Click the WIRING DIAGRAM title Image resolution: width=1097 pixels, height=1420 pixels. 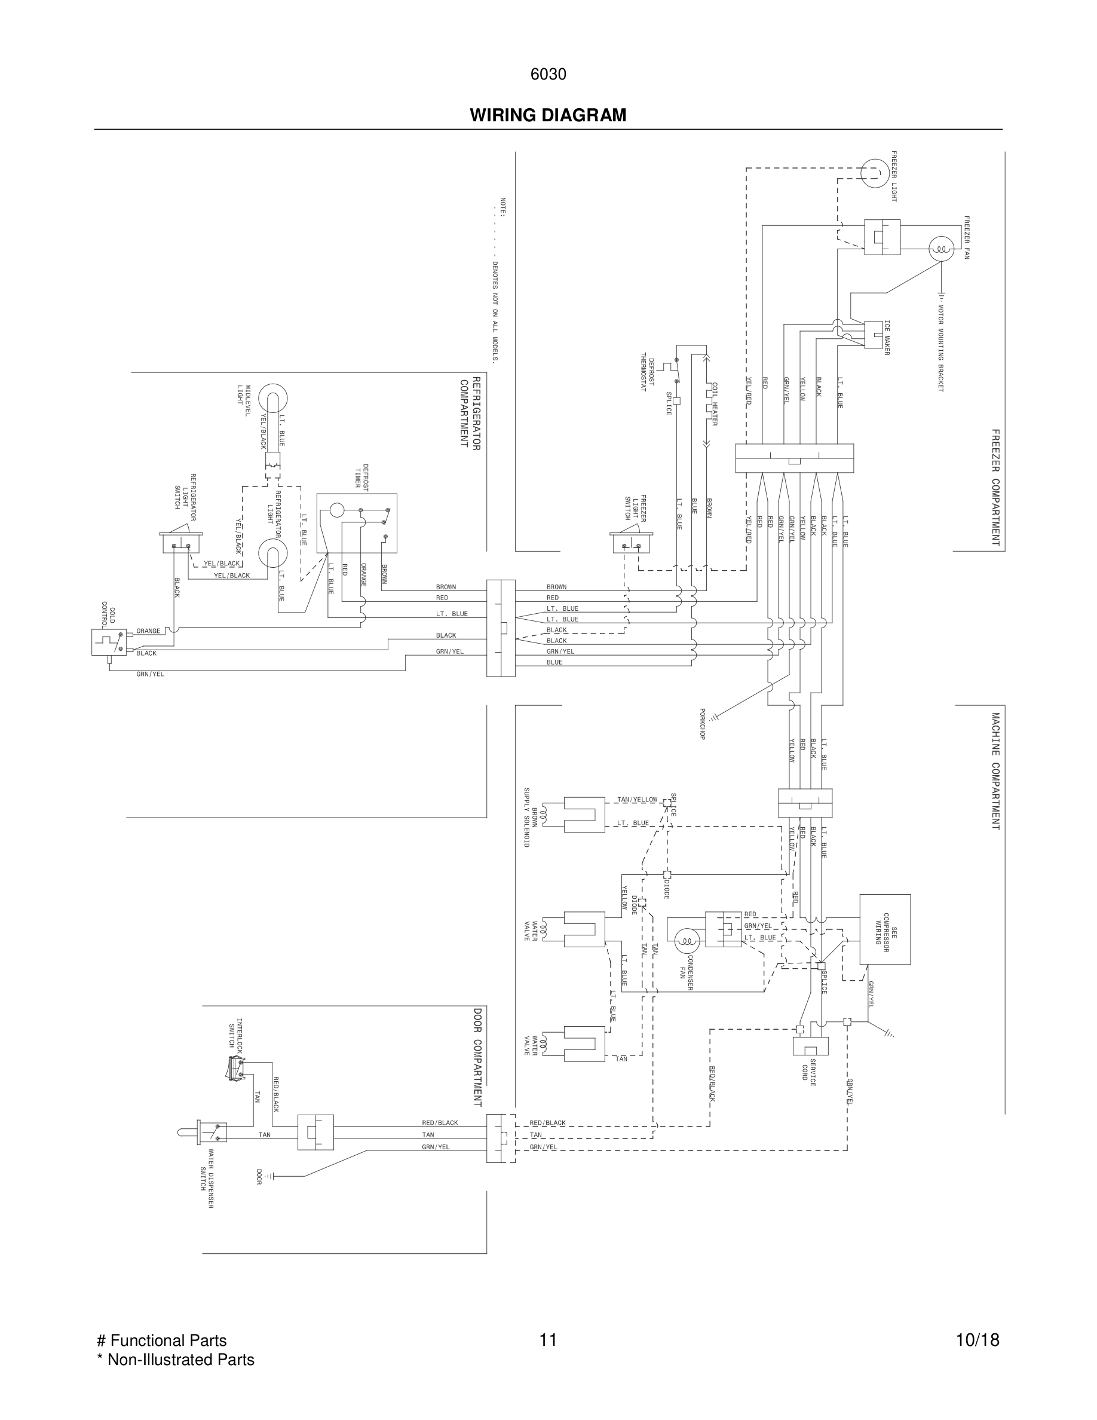click(548, 115)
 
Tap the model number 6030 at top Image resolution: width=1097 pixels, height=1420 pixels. click(548, 75)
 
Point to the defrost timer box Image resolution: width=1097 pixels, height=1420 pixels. click(357, 523)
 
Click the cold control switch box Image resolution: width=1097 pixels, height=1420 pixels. click(109, 642)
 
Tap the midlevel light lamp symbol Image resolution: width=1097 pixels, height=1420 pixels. click(273, 399)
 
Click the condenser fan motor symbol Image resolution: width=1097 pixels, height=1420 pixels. click(687, 940)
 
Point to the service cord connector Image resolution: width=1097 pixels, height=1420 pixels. click(810, 1045)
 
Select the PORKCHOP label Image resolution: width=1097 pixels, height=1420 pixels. click(702, 724)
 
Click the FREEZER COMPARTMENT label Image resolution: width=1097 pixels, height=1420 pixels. click(995, 487)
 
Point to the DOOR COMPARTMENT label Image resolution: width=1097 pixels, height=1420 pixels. click(477, 1057)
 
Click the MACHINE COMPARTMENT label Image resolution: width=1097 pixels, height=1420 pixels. click(995, 770)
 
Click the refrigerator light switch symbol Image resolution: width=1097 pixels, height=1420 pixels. click(181, 542)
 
